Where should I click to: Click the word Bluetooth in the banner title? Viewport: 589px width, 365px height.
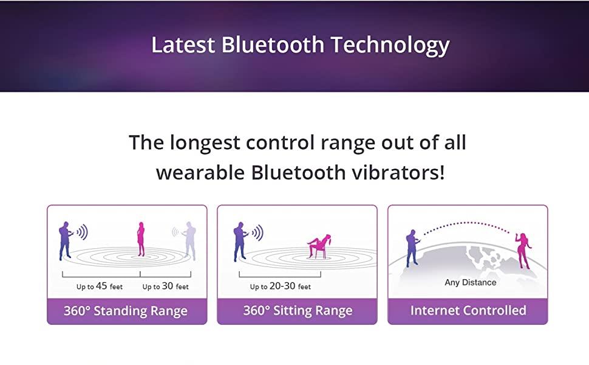pyautogui.click(x=273, y=44)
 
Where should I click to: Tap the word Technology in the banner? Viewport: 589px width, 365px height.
pyautogui.click(x=390, y=46)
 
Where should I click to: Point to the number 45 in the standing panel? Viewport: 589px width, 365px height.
pyautogui.click(x=101, y=286)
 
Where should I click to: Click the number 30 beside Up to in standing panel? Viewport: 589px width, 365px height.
pyautogui.click(x=168, y=286)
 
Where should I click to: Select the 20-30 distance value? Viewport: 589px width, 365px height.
pyautogui.click(x=282, y=286)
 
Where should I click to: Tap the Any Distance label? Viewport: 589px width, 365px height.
pyautogui.click(x=471, y=282)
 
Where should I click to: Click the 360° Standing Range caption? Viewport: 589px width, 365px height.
pyautogui.click(x=126, y=311)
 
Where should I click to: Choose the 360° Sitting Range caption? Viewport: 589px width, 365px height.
pyautogui.click(x=298, y=310)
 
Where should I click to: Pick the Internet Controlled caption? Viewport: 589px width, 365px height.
pyautogui.click(x=468, y=310)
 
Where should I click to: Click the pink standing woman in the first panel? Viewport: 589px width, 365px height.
pyautogui.click(x=141, y=239)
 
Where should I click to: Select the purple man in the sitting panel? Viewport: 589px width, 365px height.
pyautogui.click(x=240, y=241)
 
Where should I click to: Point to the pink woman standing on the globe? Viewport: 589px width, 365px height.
pyautogui.click(x=523, y=251)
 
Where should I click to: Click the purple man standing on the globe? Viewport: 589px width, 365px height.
pyautogui.click(x=412, y=248)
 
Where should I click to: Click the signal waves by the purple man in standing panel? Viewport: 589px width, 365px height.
pyautogui.click(x=82, y=232)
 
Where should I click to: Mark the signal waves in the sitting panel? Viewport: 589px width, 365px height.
pyautogui.click(x=257, y=232)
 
